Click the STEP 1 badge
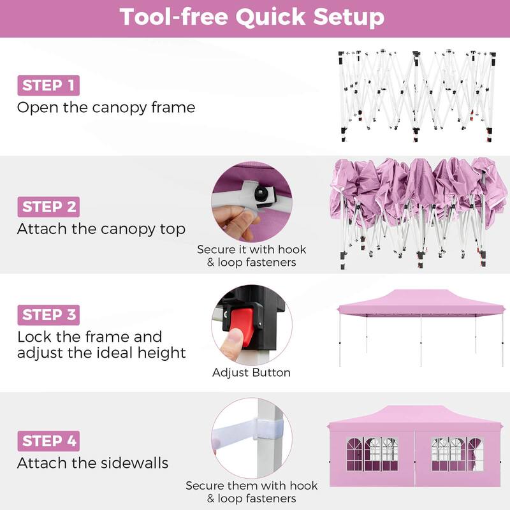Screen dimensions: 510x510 [x=48, y=85]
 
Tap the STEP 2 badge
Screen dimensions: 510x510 [x=48, y=207]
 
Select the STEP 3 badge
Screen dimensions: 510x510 [x=48, y=315]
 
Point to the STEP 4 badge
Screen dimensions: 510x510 [x=48, y=441]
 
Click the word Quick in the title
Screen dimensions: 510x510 [x=270, y=18]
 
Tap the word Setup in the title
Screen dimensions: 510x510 [x=349, y=18]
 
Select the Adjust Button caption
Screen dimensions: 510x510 [x=251, y=372]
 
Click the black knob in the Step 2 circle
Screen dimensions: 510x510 [x=261, y=194]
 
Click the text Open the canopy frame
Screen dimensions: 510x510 [x=106, y=108]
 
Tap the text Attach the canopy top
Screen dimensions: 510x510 [x=101, y=229]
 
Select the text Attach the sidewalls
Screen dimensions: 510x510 [x=92, y=463]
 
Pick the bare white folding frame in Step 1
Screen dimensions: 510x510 [x=417, y=96]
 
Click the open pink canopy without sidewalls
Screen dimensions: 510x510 [x=421, y=327]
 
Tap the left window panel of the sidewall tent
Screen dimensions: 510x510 [x=372, y=454]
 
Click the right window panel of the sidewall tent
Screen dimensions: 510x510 [x=457, y=454]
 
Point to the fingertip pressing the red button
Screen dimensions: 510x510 [x=232, y=342]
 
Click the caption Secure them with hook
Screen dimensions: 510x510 [x=251, y=486]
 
